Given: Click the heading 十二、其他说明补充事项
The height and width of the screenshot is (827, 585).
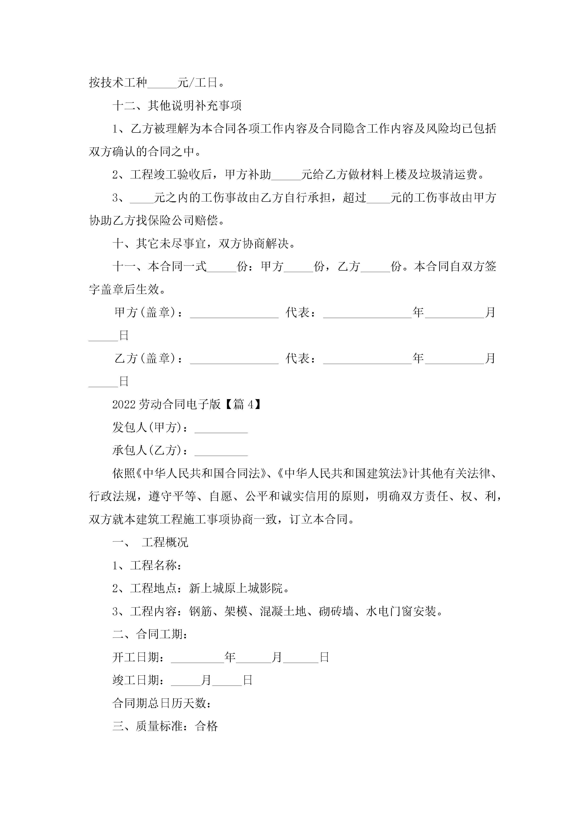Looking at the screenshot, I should (177, 106).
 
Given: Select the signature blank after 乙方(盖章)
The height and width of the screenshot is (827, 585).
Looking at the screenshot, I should (234, 359).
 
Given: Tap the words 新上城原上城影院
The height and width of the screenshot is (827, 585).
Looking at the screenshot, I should (236, 589).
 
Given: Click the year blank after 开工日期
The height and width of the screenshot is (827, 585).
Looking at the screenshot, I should (197, 658).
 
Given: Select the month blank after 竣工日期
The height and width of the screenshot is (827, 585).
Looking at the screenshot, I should (186, 681).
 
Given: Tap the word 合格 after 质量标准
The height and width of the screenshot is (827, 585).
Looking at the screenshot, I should (207, 727).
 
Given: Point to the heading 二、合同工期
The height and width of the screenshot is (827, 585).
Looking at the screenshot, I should (150, 635).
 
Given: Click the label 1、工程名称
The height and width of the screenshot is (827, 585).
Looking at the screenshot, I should (146, 566).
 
